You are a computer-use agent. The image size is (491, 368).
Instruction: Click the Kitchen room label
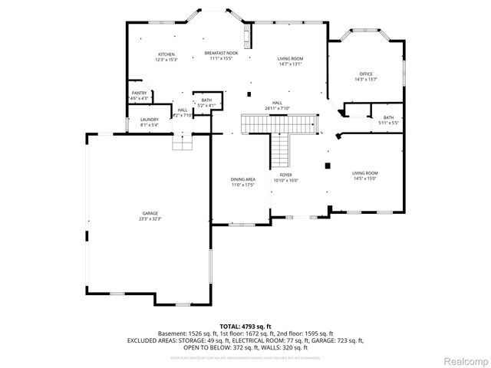tap(166, 54)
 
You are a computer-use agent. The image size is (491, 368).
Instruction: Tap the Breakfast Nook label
tap(221, 52)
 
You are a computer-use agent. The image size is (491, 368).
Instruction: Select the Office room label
tap(366, 74)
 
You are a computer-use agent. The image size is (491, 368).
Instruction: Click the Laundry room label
tap(150, 120)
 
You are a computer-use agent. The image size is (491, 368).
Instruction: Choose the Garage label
tap(150, 213)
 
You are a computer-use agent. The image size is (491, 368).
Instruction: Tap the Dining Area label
tap(242, 179)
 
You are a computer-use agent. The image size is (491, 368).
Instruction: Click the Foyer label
tap(286, 175)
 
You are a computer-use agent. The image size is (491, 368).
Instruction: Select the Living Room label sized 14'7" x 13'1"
tap(290, 59)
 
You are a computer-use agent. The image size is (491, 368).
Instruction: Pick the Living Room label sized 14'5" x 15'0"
tap(365, 173)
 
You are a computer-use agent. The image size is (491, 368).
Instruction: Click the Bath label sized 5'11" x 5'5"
tap(388, 117)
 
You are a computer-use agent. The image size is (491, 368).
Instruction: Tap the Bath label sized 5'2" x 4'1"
tap(206, 100)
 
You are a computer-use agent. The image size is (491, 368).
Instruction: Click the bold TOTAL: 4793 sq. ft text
tap(245, 326)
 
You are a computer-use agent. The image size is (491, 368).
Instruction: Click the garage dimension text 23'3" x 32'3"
tap(150, 219)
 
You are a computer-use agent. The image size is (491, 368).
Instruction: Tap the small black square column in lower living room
tap(328, 165)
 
